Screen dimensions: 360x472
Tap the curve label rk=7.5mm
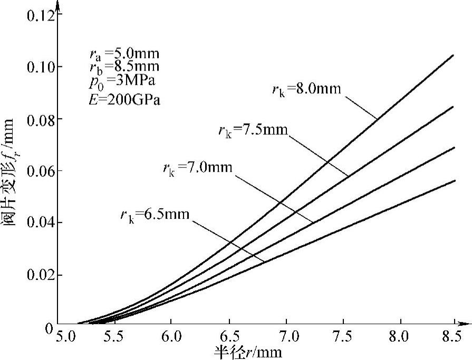point(254,129)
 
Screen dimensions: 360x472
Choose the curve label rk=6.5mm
point(154,213)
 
